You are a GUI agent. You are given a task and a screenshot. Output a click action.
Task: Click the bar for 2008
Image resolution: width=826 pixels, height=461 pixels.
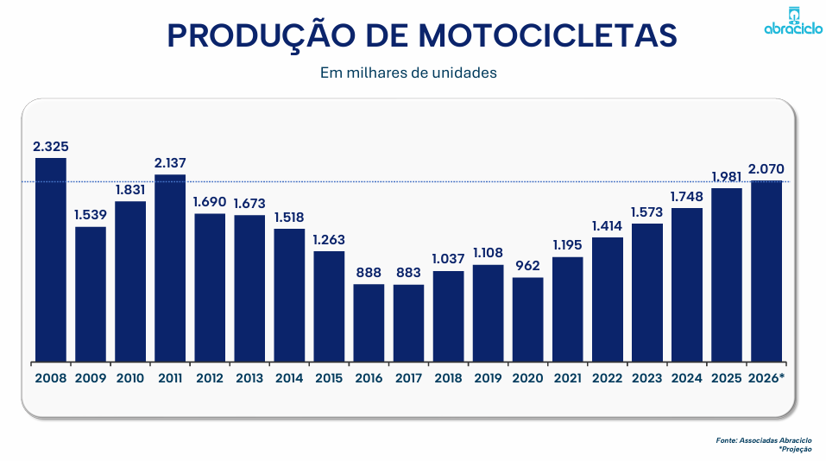(x=50, y=259)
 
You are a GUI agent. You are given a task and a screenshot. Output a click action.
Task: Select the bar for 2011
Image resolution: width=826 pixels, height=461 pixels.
(x=170, y=268)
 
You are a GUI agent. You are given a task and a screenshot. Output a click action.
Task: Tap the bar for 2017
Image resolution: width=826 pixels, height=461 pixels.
(x=408, y=322)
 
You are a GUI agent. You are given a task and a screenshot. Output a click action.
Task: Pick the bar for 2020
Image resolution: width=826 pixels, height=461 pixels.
(x=527, y=319)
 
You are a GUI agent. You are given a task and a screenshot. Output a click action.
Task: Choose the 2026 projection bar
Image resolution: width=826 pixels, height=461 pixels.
(x=766, y=270)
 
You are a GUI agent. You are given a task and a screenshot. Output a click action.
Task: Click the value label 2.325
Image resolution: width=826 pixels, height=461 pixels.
(x=50, y=147)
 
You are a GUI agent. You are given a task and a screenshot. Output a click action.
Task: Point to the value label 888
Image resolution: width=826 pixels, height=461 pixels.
(x=369, y=273)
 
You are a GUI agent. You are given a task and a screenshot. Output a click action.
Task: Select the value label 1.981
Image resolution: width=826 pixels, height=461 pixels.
(x=727, y=177)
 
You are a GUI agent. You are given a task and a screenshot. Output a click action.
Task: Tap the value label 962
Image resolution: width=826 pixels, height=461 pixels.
(x=527, y=266)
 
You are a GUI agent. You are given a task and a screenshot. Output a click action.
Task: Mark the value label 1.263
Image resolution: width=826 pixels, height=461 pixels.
(x=329, y=240)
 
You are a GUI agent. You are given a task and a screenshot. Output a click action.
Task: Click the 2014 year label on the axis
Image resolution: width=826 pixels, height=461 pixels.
(x=289, y=377)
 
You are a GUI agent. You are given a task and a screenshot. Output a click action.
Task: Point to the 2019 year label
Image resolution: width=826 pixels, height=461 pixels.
(x=488, y=377)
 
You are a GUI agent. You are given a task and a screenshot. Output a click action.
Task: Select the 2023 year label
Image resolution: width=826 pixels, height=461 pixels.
(x=646, y=377)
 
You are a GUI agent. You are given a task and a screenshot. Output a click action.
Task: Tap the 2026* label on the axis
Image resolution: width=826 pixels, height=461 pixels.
(x=766, y=377)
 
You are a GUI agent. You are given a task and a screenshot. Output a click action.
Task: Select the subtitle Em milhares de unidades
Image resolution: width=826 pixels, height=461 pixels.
(x=408, y=73)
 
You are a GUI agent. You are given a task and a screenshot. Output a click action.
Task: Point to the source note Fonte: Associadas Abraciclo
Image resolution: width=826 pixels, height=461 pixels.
(x=763, y=440)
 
